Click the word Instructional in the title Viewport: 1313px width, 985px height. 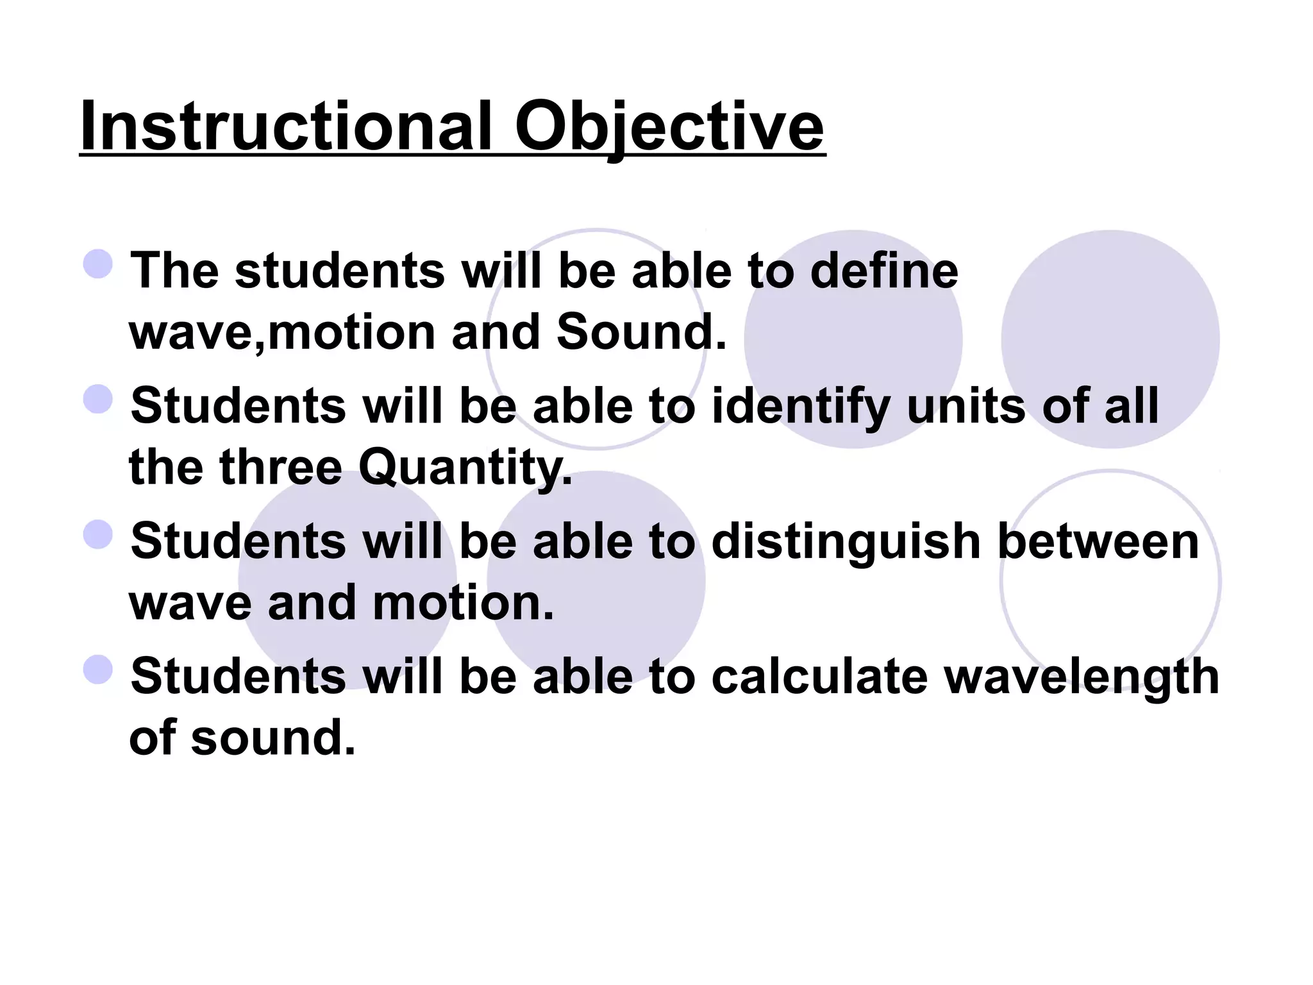[x=286, y=126]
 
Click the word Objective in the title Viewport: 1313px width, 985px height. [x=669, y=126]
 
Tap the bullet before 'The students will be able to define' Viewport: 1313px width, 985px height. [x=98, y=264]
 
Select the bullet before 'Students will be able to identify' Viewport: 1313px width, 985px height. [x=98, y=399]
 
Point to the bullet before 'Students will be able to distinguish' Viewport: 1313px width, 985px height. [x=98, y=534]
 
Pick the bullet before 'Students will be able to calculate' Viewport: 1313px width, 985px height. [x=98, y=669]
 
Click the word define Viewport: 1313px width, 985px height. [x=884, y=271]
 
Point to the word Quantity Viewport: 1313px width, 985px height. [x=465, y=467]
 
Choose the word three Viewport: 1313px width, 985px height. [x=281, y=467]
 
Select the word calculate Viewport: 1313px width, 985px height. [x=819, y=677]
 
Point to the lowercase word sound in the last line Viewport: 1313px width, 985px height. [x=272, y=738]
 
